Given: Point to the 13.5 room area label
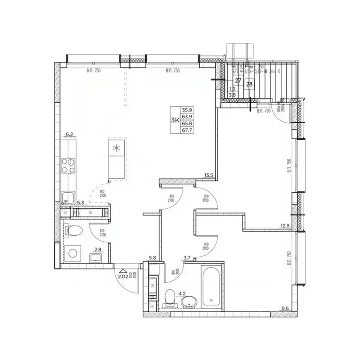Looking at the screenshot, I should point(209,176).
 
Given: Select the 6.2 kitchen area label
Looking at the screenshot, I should point(70,135).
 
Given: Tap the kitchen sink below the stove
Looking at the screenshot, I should point(68,197).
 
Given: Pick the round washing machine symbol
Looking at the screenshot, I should point(73,254).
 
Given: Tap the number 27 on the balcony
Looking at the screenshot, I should point(238,81).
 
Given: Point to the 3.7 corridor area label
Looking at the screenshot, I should point(187,257).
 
